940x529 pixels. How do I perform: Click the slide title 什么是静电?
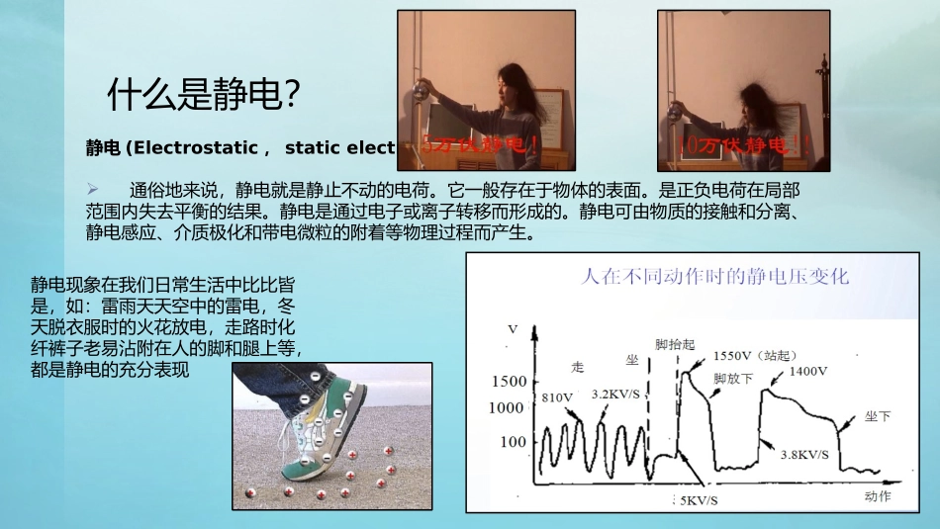(x=203, y=95)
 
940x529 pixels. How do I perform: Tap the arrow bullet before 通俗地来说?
(x=92, y=188)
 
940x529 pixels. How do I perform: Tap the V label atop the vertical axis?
(x=512, y=327)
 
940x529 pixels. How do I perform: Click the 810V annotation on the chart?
(x=557, y=397)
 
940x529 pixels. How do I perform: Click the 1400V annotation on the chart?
(x=808, y=373)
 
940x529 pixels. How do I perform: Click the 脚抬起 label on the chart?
(x=674, y=345)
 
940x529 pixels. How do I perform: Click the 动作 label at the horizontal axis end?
(x=877, y=496)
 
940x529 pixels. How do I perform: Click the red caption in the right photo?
(x=736, y=145)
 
